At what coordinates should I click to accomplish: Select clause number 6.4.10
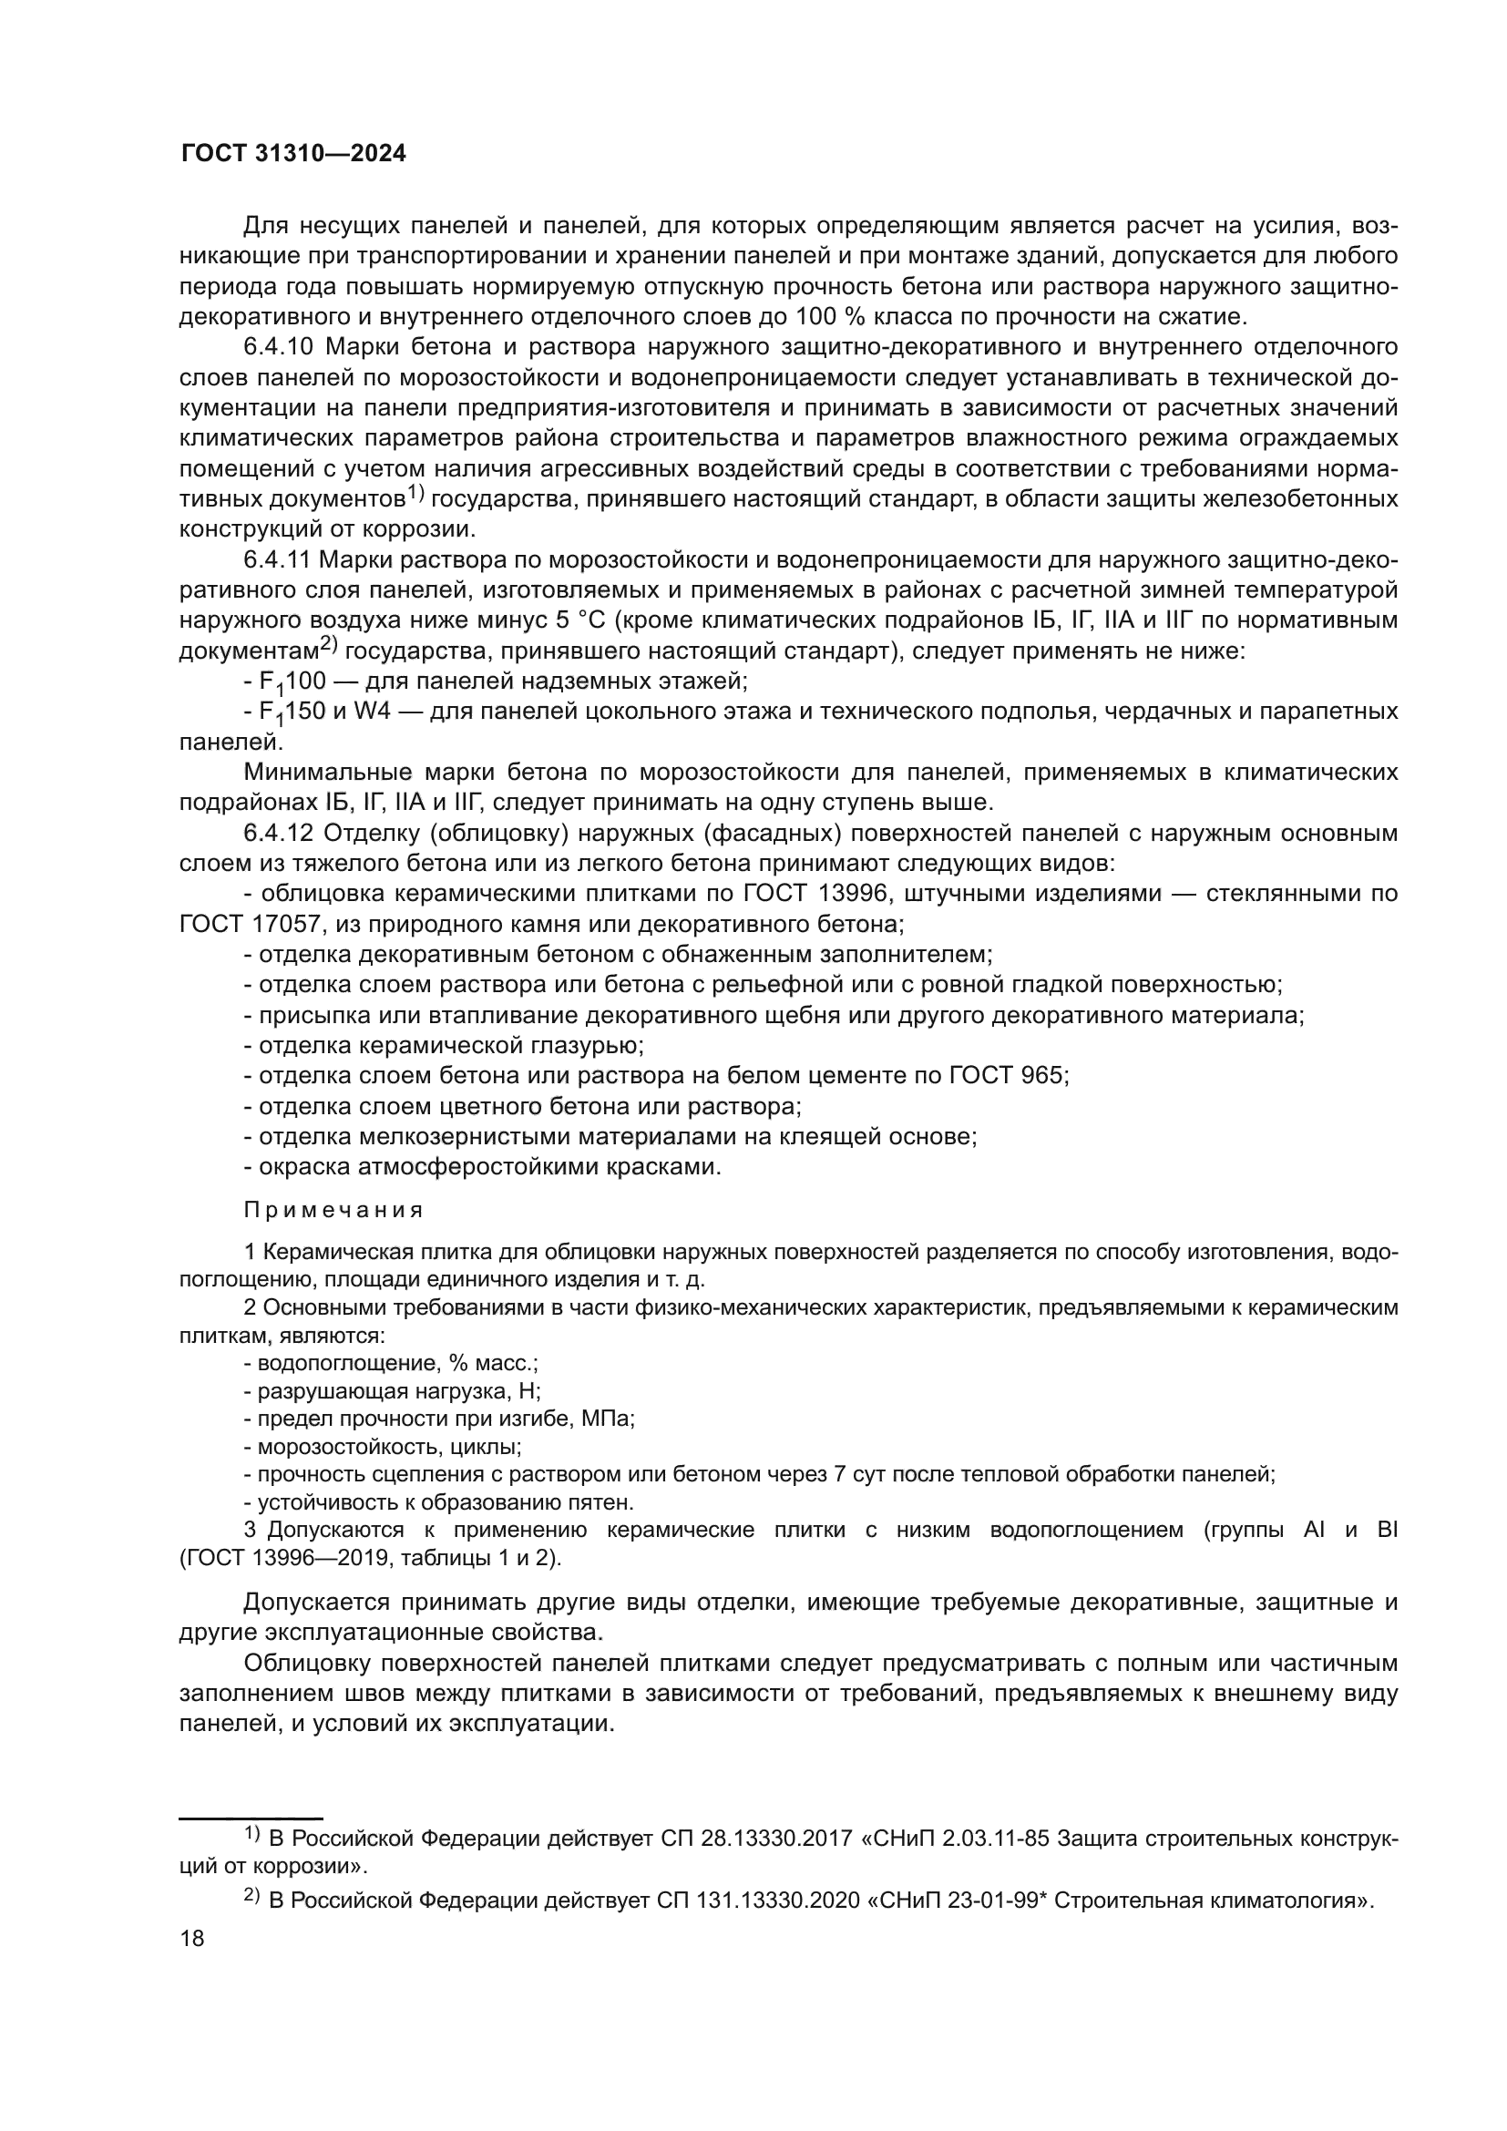tap(281, 347)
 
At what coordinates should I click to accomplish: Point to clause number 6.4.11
tap(281, 559)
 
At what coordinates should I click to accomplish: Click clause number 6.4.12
tap(281, 834)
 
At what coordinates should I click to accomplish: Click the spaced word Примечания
tap(333, 1210)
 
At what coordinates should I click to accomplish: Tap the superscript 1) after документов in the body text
tap(415, 495)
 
